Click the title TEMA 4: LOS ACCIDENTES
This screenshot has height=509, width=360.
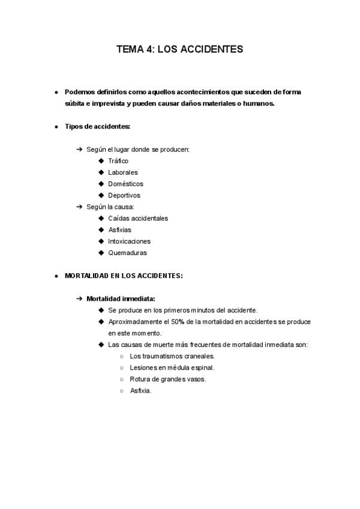[180, 49]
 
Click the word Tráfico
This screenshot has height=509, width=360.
[118, 161]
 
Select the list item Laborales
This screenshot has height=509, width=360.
[122, 172]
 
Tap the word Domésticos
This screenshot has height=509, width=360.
[125, 184]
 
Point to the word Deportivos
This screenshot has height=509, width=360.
[124, 195]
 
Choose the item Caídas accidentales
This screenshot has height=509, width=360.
[138, 218]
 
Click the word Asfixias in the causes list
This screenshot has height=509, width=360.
[120, 230]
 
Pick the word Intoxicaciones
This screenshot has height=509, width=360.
[129, 241]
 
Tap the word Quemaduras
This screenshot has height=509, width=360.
[127, 253]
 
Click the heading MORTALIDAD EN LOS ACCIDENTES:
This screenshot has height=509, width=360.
[124, 276]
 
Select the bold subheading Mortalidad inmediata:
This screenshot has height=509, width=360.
[121, 298]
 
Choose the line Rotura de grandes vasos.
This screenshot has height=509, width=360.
[168, 379]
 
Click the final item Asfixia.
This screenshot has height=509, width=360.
[141, 391]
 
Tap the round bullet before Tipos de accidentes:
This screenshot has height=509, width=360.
[56, 127]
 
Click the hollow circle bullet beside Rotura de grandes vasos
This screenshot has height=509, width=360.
[122, 379]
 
